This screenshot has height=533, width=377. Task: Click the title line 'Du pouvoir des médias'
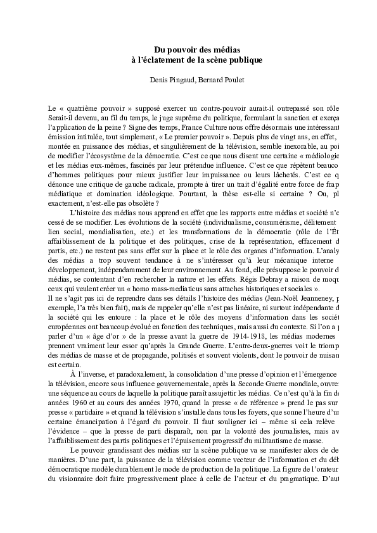pyautogui.click(x=188, y=49)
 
